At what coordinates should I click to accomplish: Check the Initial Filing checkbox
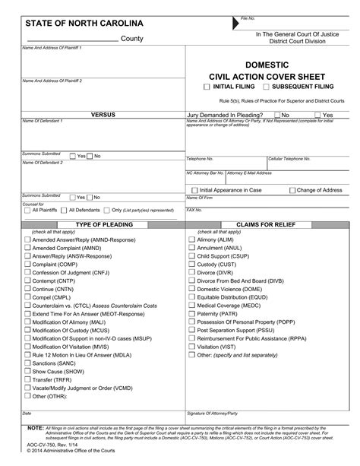pos(207,87)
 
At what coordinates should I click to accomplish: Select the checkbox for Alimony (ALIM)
pos(191,239)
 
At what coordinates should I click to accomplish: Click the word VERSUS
pos(103,115)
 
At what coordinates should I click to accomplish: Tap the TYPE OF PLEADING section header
pos(103,225)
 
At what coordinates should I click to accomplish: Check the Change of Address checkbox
pos(292,190)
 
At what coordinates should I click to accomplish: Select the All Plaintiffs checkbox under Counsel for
pos(26,210)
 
